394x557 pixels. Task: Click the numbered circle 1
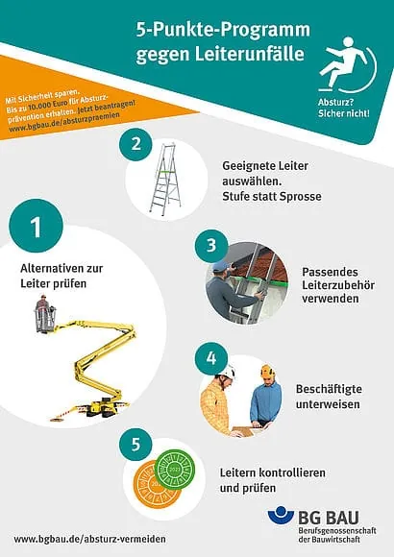[x=36, y=226]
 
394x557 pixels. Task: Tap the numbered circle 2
[x=135, y=144]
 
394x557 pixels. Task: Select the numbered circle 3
[x=211, y=246]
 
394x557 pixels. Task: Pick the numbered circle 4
[x=211, y=358]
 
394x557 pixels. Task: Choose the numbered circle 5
[x=135, y=444]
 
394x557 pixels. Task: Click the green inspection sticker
[x=177, y=470]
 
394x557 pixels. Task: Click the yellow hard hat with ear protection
[x=267, y=372]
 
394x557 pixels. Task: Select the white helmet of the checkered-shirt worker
[x=227, y=372]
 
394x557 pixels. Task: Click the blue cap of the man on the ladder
[x=221, y=266]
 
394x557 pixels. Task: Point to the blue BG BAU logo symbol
[x=281, y=516]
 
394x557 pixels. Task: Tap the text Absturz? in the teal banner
[x=335, y=103]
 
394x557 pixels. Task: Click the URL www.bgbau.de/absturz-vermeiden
[x=89, y=539]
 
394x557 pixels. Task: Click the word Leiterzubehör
[x=338, y=285]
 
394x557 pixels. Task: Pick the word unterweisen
[x=328, y=404]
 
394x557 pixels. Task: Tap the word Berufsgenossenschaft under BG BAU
[x=336, y=531]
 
